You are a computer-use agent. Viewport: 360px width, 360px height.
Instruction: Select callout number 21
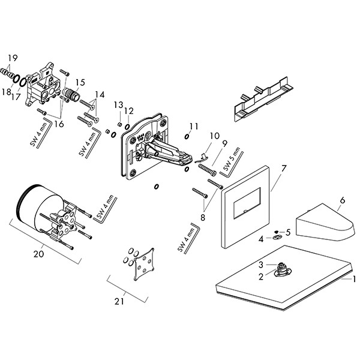tap(119, 302)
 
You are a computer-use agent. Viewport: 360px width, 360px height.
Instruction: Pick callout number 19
tap(12, 58)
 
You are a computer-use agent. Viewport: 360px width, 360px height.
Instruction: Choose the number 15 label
tap(80, 82)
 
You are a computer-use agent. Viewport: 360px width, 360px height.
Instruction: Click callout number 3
tap(262, 265)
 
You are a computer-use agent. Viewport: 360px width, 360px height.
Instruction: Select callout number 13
tap(119, 106)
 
